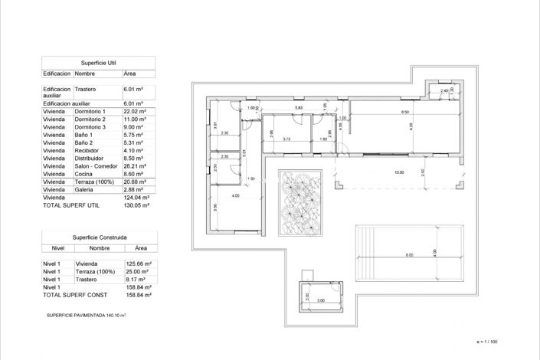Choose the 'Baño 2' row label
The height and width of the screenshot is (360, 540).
(x=84, y=142)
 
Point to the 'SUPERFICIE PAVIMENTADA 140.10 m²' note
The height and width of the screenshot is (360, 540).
(x=86, y=315)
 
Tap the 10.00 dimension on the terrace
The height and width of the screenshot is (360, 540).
(x=399, y=172)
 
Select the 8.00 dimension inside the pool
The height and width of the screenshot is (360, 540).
(x=409, y=255)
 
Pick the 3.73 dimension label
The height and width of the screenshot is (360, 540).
(x=286, y=139)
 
